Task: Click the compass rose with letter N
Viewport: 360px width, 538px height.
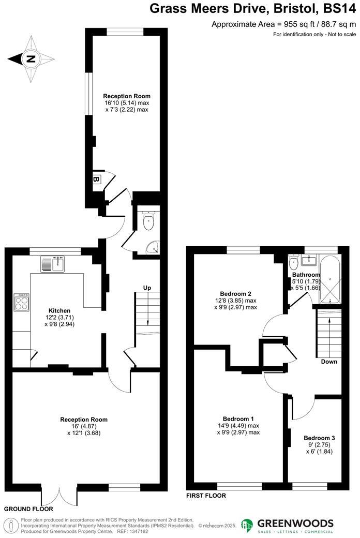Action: tap(31, 59)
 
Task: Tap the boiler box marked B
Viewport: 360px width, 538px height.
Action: tap(96, 180)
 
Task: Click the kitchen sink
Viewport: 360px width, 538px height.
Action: tap(52, 264)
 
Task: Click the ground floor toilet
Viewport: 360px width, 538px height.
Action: tap(148, 221)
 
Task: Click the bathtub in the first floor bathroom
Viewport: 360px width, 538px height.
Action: tap(329, 279)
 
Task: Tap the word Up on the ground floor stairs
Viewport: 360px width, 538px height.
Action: tap(147, 288)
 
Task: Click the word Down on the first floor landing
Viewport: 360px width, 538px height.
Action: tap(329, 362)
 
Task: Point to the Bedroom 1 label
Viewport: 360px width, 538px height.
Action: tap(238, 419)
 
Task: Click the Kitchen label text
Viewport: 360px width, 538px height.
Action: tap(59, 310)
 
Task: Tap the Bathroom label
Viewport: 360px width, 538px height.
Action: tap(306, 275)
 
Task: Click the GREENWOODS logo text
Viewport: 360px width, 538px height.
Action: tap(296, 523)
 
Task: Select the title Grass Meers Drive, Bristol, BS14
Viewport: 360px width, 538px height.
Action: tap(253, 9)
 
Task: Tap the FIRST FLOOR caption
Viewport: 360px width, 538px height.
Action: tap(206, 496)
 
